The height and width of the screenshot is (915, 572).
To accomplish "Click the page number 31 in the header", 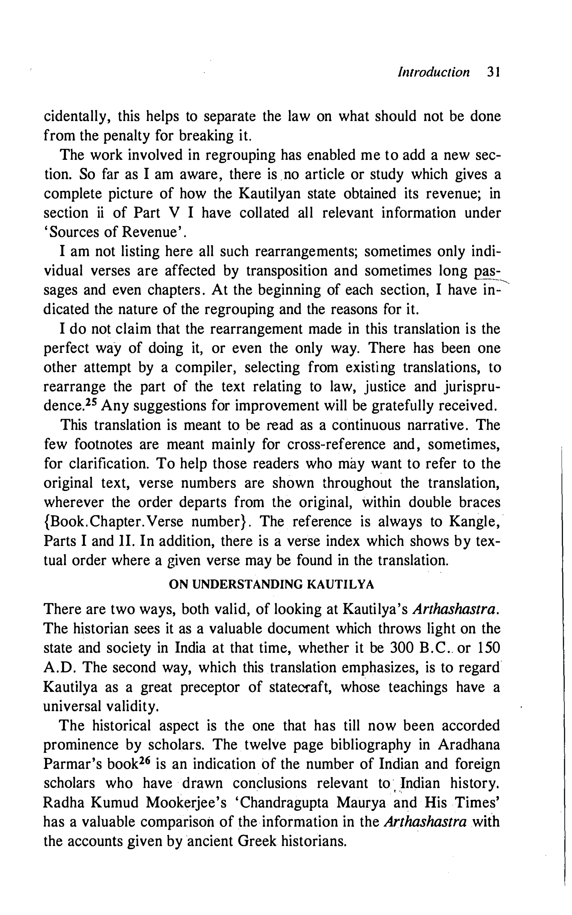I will (494, 72).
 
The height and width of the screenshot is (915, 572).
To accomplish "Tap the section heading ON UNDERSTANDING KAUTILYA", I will (271, 585).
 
